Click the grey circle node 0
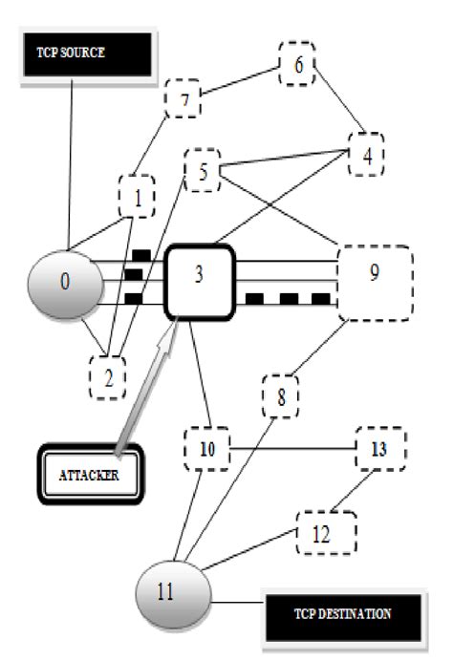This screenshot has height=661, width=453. (65, 283)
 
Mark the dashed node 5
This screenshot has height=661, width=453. (202, 171)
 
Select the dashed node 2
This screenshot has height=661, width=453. (109, 376)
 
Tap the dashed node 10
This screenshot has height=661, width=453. (207, 448)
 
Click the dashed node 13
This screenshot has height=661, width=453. (380, 447)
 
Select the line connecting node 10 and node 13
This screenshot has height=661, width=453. (291, 447)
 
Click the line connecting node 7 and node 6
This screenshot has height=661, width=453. (239, 82)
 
